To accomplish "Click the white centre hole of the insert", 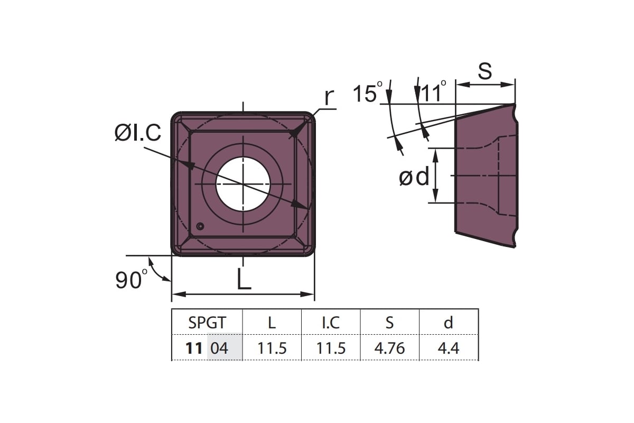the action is (x=243, y=184).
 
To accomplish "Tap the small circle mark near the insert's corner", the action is (x=200, y=226).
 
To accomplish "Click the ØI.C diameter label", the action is (x=138, y=133).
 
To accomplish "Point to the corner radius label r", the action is (x=329, y=97).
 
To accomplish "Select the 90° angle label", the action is (x=132, y=280).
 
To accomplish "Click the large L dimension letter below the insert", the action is (x=244, y=279).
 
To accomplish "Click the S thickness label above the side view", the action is (x=485, y=71).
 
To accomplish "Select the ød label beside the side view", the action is (x=414, y=177).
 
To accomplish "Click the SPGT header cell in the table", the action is (x=207, y=323).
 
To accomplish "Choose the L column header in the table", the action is (x=272, y=323).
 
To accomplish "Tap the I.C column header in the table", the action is (x=331, y=323).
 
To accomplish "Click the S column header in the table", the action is (x=390, y=323).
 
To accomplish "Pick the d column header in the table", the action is (x=449, y=322).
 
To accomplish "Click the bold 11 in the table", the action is (x=194, y=348).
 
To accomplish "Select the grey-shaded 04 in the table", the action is (x=219, y=348).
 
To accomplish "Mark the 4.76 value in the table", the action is (x=390, y=348).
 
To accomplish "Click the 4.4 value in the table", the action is (x=449, y=348).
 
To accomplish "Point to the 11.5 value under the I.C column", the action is (x=331, y=348).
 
